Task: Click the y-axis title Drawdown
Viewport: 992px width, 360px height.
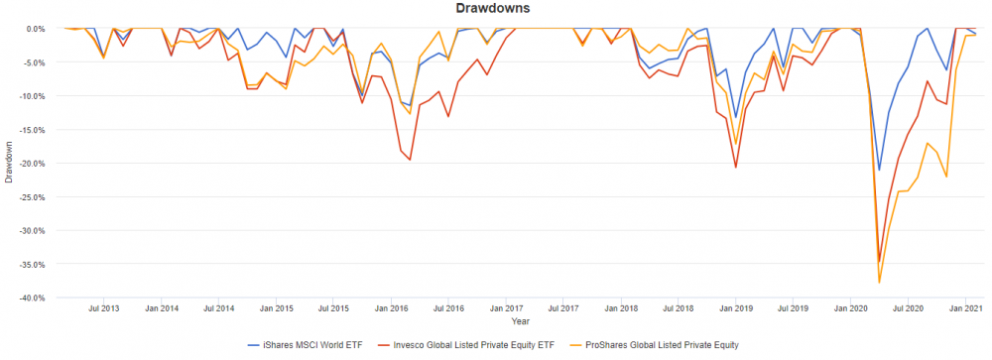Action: point(9,163)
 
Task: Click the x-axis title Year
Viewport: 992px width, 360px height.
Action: point(521,321)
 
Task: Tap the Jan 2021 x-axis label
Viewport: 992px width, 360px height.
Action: point(966,309)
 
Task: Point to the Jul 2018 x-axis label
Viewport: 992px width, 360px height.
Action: point(678,309)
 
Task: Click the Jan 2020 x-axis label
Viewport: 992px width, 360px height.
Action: point(851,309)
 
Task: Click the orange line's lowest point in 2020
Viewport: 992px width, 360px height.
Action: point(879,284)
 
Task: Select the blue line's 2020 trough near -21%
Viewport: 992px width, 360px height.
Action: point(879,171)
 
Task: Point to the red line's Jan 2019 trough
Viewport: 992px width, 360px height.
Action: point(735,167)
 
